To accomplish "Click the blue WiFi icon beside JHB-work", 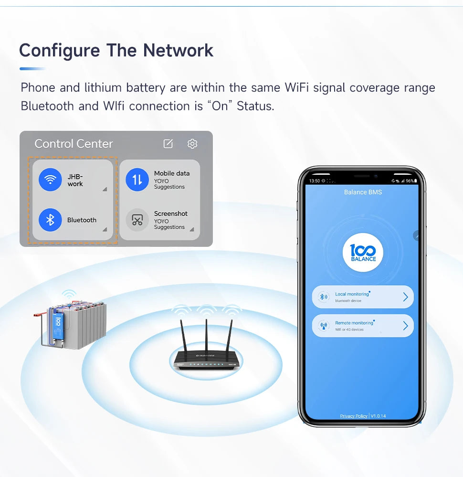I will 50,180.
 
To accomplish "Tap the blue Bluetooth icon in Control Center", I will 50,220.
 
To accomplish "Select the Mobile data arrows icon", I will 137,180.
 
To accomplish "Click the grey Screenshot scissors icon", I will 137,220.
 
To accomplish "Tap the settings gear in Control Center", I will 192,144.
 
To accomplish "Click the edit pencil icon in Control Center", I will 168,144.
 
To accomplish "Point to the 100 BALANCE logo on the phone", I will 363,252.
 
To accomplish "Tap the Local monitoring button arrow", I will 405,297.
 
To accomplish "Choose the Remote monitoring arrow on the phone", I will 405,326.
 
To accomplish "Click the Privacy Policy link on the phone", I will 354,416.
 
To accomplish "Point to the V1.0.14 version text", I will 378,416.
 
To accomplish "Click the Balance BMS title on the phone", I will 363,192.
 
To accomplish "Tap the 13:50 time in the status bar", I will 315,181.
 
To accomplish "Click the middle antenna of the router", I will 206,334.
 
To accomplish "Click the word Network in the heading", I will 179,50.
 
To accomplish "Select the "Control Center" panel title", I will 74,144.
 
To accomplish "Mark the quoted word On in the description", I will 220,106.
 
